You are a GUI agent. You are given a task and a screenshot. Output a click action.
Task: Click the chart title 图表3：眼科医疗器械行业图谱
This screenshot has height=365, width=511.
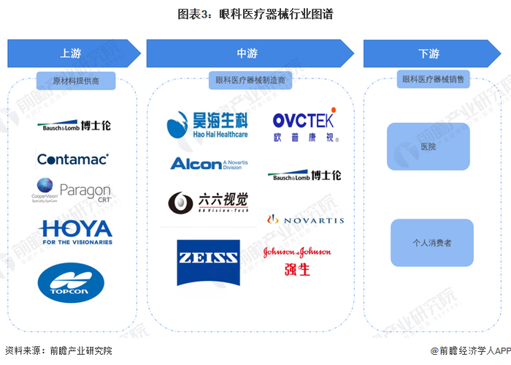pos(255,14)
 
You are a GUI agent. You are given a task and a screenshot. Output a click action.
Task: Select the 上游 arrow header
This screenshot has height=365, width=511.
pos(72,53)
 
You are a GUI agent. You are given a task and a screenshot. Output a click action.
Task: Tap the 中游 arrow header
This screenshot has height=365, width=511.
pos(248,53)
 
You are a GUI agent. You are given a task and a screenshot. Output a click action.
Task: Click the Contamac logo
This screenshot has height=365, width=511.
pos(72,159)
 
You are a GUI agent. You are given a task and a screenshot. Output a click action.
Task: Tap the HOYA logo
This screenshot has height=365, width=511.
pos(77,231)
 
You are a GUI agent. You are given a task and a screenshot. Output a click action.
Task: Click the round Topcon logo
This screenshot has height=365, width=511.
pos(72,282)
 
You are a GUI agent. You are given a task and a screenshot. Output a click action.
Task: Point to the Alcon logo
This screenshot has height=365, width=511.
pos(207,162)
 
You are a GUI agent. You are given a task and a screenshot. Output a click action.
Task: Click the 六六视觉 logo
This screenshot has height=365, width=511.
pos(208,202)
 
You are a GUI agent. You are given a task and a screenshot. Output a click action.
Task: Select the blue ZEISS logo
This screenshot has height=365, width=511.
pos(208,262)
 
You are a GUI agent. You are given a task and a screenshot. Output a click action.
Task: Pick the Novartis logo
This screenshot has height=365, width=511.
pos(305,219)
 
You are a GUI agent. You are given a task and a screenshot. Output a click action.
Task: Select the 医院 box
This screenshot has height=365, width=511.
pos(429,146)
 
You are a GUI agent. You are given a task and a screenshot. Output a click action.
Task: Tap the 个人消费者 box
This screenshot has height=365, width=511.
pos(431,242)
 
